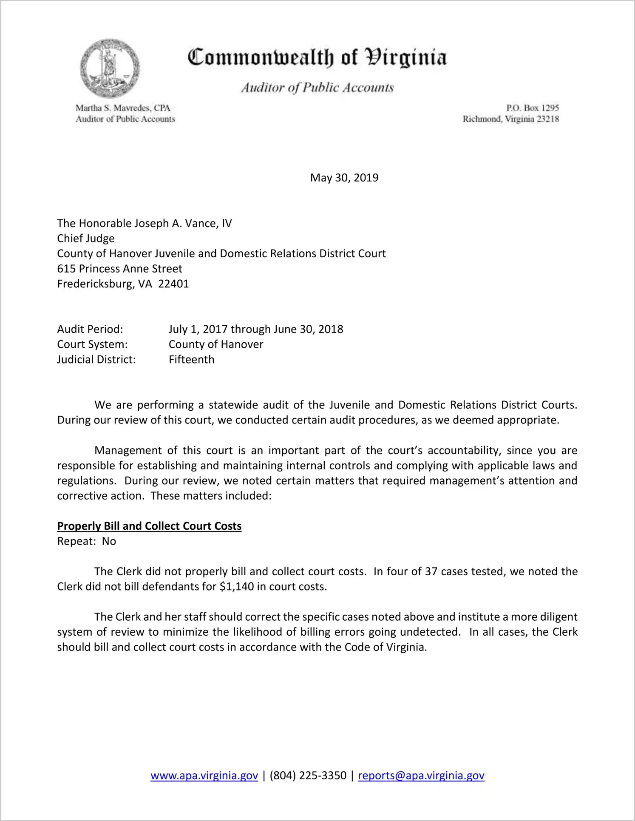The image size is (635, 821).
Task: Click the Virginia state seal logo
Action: click(x=110, y=68)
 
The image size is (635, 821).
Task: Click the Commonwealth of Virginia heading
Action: click(x=317, y=57)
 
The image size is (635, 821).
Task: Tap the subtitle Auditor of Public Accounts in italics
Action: click(x=317, y=88)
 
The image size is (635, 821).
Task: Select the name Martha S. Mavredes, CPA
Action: click(x=123, y=108)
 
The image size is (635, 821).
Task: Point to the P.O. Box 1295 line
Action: click(x=532, y=108)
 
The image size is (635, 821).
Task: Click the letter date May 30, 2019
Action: click(x=344, y=178)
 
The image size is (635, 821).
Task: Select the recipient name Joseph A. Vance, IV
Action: click(x=183, y=224)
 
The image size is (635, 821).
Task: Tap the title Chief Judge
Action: click(x=86, y=239)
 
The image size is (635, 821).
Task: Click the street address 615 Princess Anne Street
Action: click(x=119, y=269)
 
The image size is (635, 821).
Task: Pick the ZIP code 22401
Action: click(x=173, y=284)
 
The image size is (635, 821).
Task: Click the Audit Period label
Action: click(x=90, y=329)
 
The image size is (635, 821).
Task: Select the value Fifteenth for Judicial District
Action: click(x=191, y=360)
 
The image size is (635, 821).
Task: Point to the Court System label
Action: click(x=92, y=344)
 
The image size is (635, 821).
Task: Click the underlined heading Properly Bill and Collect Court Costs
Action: click(x=149, y=526)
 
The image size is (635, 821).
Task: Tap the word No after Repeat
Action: click(x=109, y=541)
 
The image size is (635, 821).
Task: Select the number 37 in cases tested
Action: click(x=431, y=571)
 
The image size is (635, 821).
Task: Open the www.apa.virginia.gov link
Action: click(x=204, y=776)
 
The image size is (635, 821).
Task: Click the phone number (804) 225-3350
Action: click(x=308, y=776)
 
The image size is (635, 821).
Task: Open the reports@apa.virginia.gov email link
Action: click(x=421, y=776)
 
